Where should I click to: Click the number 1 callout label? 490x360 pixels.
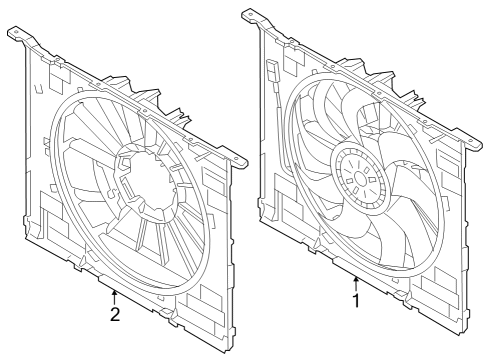[355, 298]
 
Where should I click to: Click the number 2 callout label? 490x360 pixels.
[115, 314]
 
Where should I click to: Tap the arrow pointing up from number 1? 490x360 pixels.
[355, 282]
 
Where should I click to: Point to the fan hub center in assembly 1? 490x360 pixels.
[356, 179]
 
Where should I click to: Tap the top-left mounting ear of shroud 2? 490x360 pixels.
[18, 35]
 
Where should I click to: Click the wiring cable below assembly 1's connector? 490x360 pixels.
[276, 100]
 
